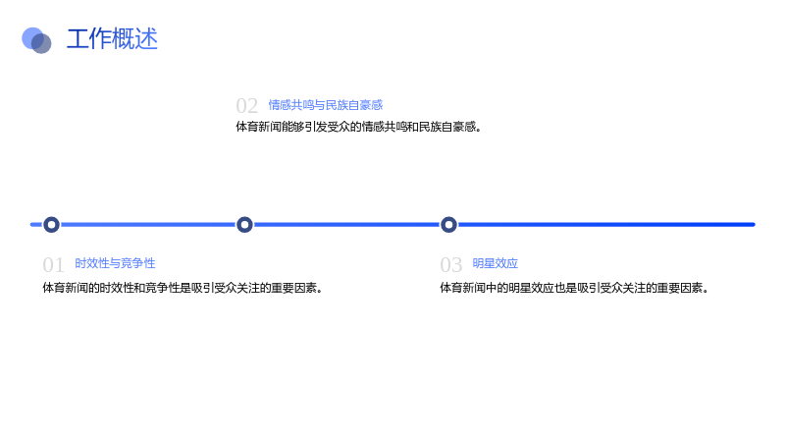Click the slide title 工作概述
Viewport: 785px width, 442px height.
click(112, 39)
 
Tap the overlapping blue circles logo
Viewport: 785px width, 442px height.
click(36, 40)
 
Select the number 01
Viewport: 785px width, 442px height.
click(53, 265)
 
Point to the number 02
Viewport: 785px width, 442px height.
click(247, 106)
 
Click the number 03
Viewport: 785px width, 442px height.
click(450, 265)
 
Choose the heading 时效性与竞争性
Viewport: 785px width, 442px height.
click(115, 263)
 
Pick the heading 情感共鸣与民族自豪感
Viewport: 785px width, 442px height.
click(326, 105)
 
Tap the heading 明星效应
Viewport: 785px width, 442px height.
click(496, 263)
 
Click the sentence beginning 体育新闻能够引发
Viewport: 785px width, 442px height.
click(359, 127)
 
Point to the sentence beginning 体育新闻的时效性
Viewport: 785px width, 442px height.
click(183, 288)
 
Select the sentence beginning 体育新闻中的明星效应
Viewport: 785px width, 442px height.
click(575, 288)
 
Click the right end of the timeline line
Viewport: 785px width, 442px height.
click(754, 225)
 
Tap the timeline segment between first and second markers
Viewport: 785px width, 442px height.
click(148, 225)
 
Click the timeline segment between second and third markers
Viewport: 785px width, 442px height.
click(347, 225)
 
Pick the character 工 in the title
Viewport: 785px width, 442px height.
click(78, 39)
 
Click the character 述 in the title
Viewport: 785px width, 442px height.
click(146, 39)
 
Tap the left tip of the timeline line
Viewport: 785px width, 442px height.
click(31, 225)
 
